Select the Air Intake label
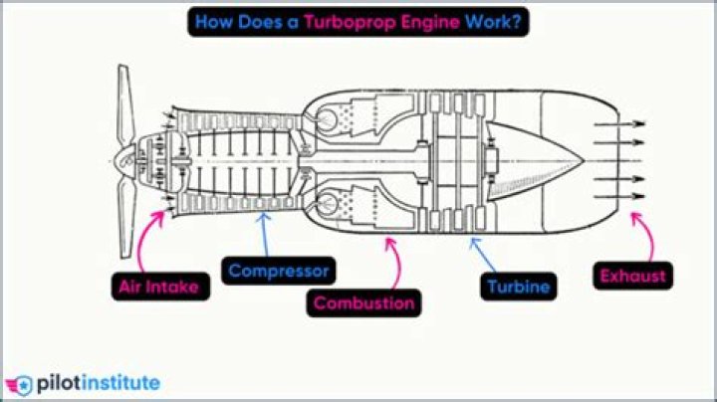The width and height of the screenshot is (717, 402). click(x=160, y=288)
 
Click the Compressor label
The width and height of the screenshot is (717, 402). click(x=278, y=270)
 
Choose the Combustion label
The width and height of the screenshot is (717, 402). click(x=363, y=302)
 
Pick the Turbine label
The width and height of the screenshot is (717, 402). click(x=518, y=288)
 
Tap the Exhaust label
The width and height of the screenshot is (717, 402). click(x=631, y=276)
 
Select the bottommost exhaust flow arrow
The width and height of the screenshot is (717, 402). click(x=616, y=196)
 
